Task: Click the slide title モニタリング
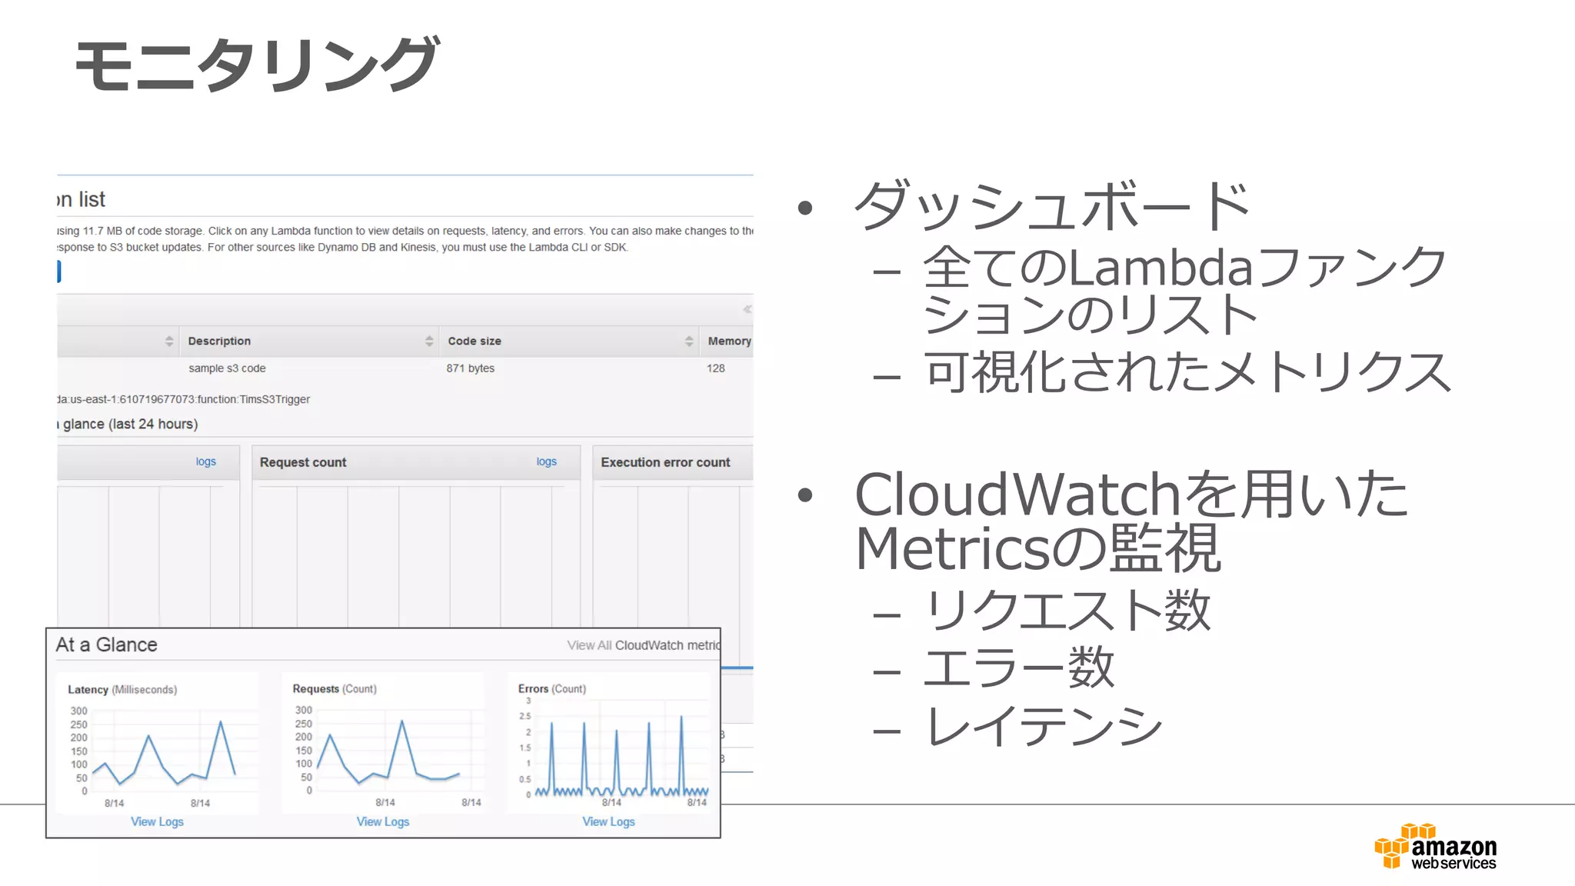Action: [x=257, y=65]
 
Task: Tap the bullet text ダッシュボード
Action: [x=1051, y=206]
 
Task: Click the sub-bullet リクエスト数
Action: [x=1068, y=611]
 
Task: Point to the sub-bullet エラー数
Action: [x=1018, y=668]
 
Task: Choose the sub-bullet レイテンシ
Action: [x=1044, y=726]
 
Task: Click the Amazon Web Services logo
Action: [x=1435, y=848]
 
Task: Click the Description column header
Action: [x=219, y=341]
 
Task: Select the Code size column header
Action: [x=474, y=341]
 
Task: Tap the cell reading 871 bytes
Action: [x=470, y=368]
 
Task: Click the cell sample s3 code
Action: [x=227, y=368]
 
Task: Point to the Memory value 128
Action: [x=715, y=368]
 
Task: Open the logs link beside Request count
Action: [x=546, y=461]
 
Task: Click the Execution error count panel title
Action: [x=665, y=462]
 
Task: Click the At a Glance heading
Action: [x=106, y=645]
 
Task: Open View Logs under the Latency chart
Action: [x=157, y=821]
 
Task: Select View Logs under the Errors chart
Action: [x=608, y=821]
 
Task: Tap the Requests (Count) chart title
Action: [x=335, y=688]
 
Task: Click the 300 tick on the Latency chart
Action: [x=78, y=711]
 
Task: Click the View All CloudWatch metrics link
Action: [x=644, y=645]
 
